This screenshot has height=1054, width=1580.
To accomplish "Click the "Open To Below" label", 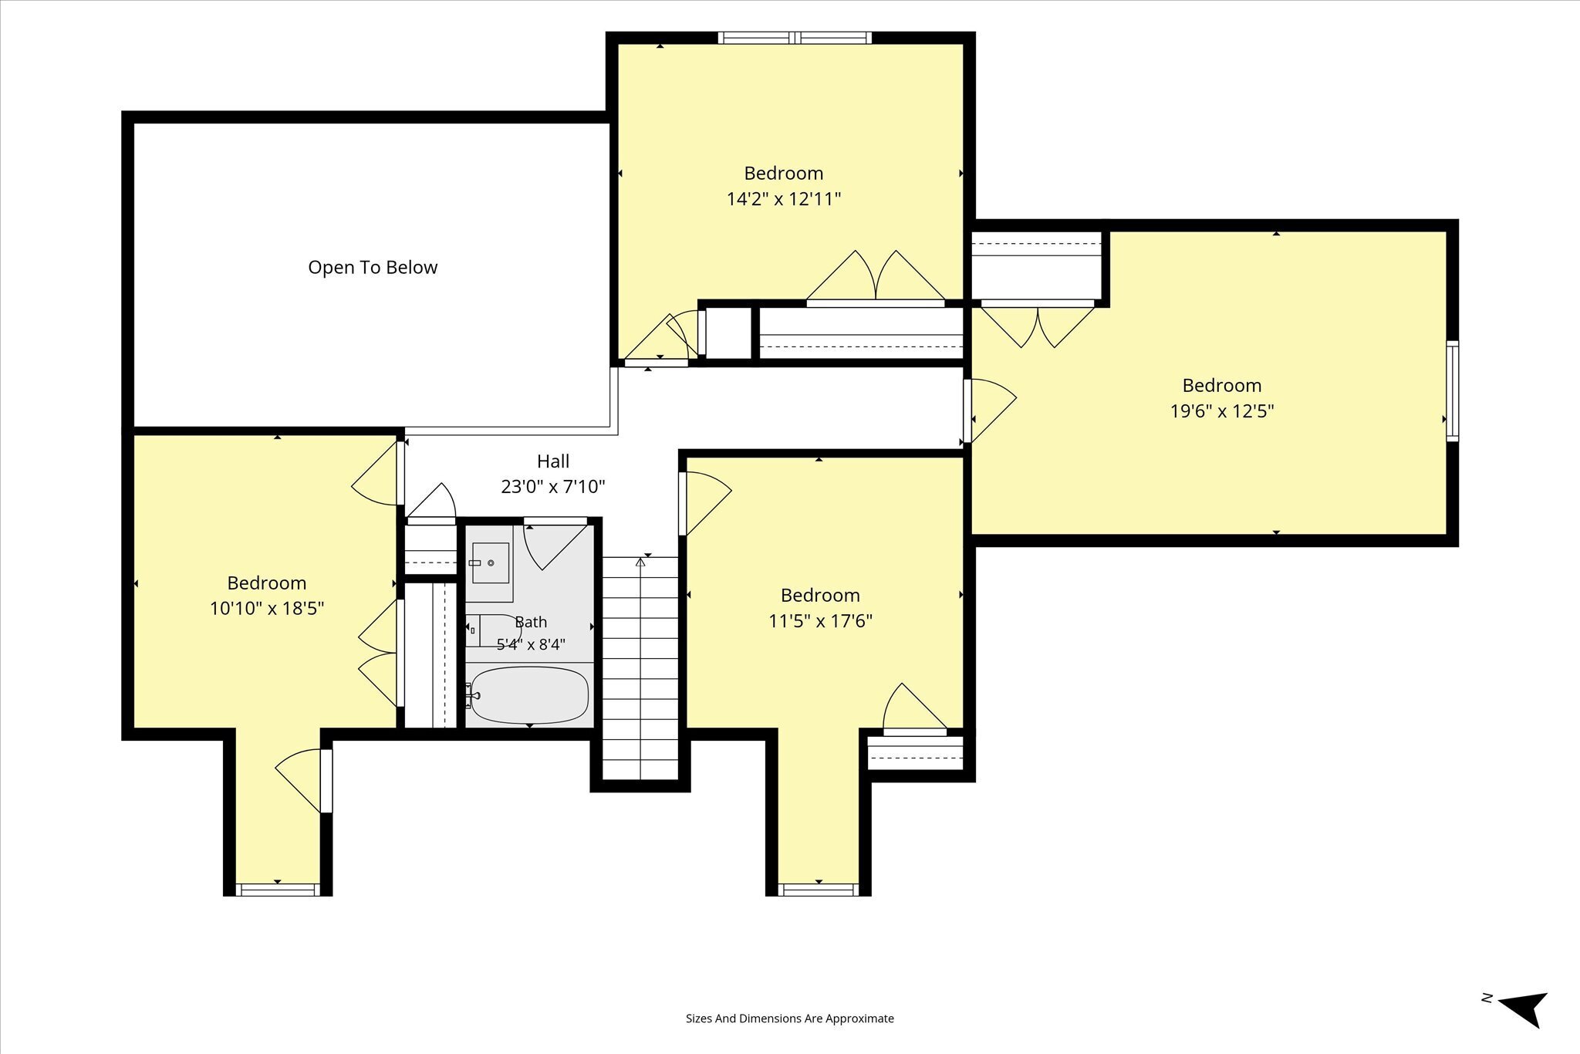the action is [x=373, y=267].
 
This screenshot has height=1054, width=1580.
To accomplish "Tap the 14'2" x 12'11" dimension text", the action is [x=783, y=199].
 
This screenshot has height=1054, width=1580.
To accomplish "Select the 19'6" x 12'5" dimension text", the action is [x=1221, y=411].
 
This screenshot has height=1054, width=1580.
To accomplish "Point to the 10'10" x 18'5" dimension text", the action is [x=267, y=609].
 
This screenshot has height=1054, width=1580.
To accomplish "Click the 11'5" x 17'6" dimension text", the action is [x=820, y=621].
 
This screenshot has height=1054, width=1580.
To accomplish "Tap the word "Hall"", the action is [x=553, y=461].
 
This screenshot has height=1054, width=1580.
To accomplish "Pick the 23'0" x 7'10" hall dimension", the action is [x=553, y=487].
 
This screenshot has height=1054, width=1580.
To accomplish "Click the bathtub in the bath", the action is [x=529, y=695].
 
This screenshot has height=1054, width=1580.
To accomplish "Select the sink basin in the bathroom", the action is [x=490, y=562].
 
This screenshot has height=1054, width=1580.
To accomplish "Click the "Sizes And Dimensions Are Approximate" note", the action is [x=790, y=1019].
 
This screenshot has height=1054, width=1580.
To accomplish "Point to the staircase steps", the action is [x=640, y=668].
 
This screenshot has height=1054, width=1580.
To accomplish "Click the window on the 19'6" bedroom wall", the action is [x=1452, y=390].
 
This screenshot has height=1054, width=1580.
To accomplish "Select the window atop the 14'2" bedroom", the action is [x=795, y=38].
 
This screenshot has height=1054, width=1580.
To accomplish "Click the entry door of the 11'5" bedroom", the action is [x=704, y=503].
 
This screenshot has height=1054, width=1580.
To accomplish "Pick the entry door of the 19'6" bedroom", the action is [x=990, y=410].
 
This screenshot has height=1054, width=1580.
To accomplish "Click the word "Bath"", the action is [x=531, y=622].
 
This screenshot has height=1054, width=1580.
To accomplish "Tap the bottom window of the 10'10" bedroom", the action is [x=278, y=890].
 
